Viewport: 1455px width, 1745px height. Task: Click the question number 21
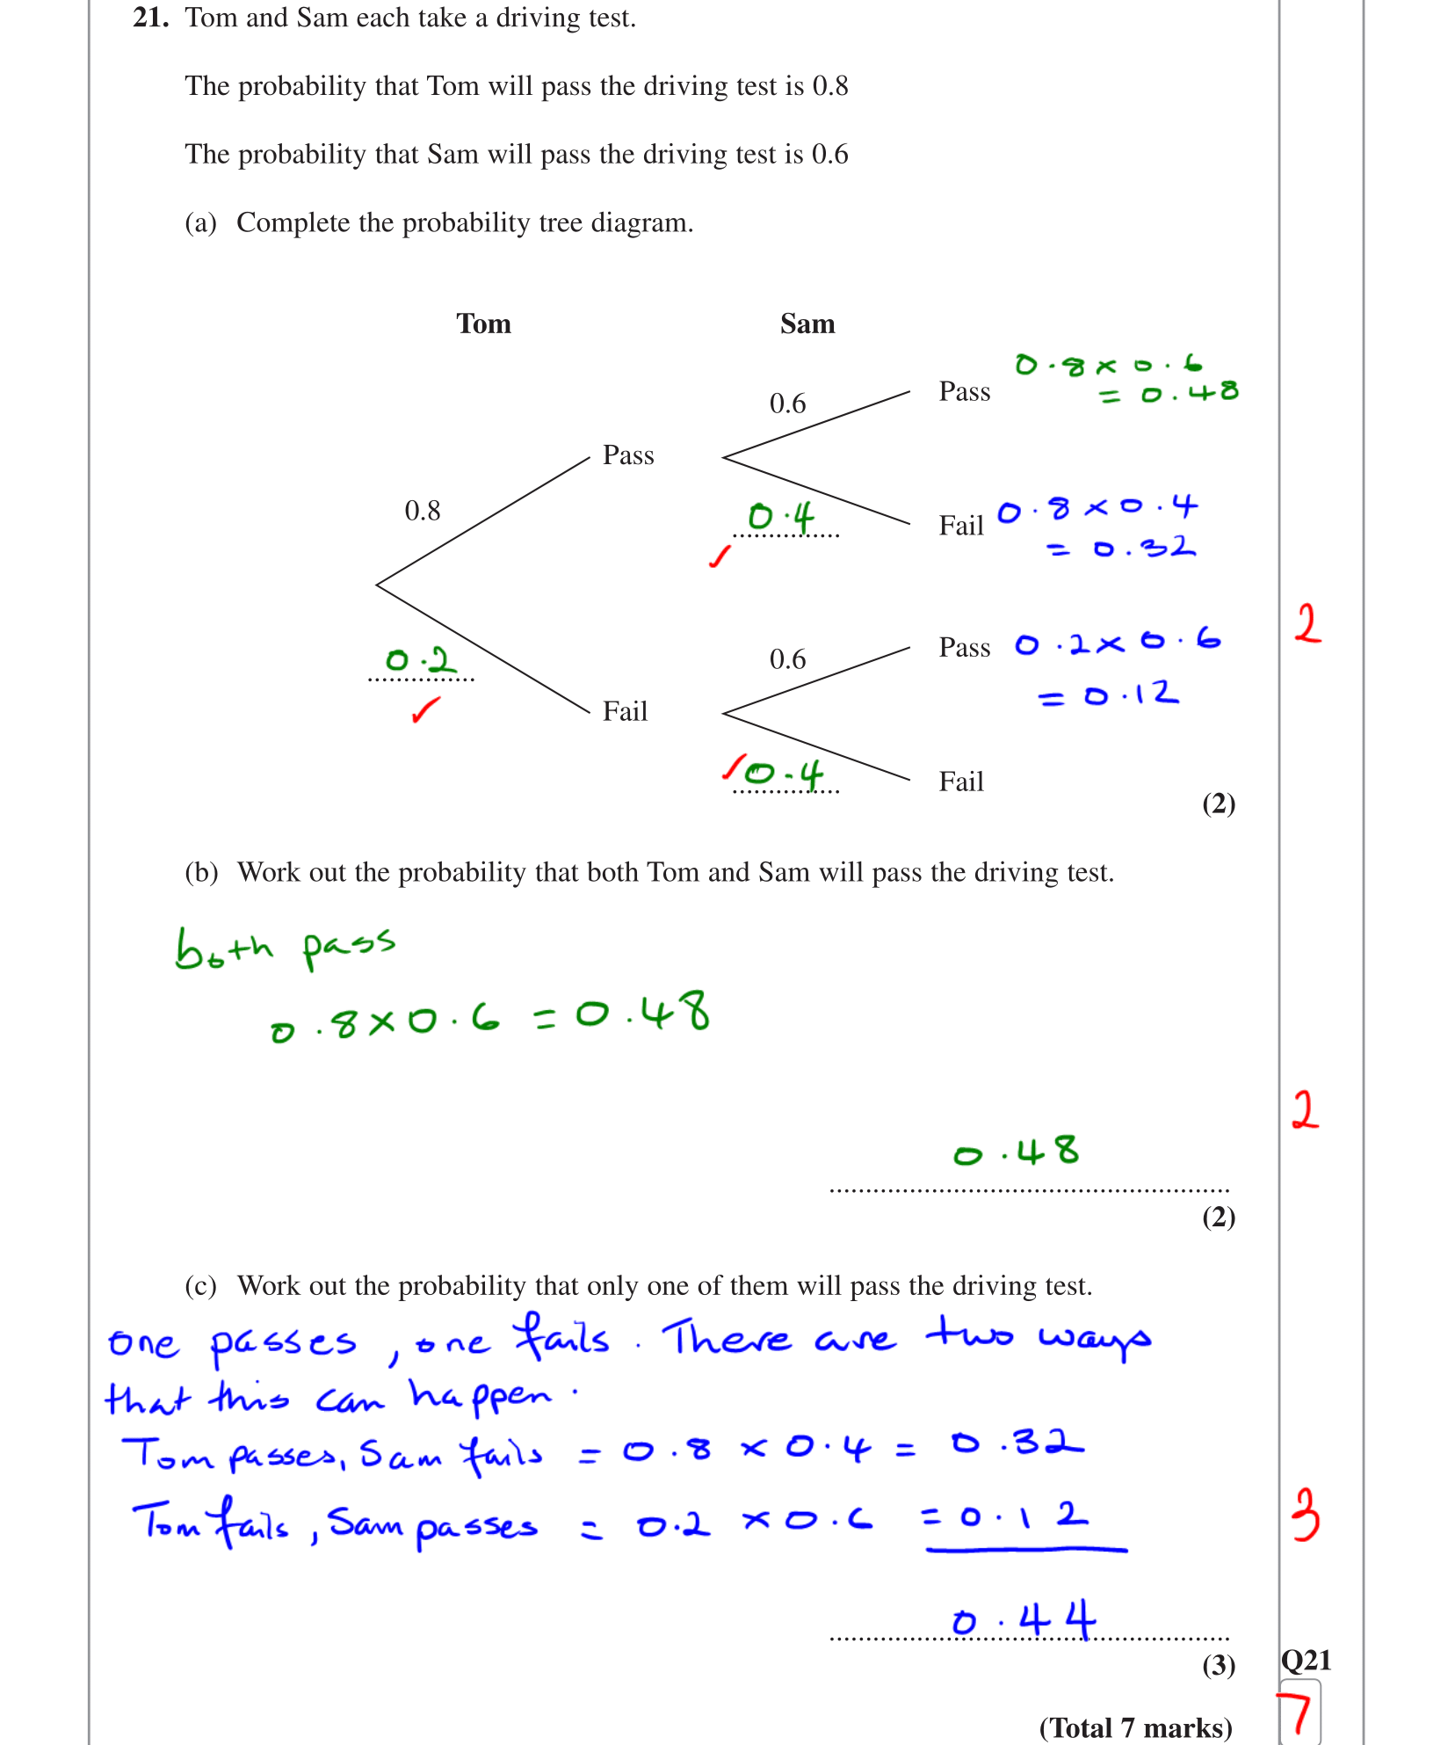[x=150, y=18]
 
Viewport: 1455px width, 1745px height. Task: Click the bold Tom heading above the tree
[x=483, y=324]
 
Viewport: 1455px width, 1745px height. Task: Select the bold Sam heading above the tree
[x=807, y=324]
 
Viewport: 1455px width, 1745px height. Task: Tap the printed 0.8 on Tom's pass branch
[x=422, y=511]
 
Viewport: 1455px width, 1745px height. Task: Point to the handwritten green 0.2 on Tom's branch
[x=420, y=660]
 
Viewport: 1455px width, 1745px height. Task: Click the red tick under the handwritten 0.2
[x=425, y=709]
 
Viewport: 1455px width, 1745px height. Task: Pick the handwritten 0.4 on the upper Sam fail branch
[x=781, y=516]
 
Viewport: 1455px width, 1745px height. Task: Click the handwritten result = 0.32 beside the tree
[x=1121, y=549]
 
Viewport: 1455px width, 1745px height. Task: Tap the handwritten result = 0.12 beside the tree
[x=1109, y=695]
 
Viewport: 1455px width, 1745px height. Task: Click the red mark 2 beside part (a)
[x=1307, y=624]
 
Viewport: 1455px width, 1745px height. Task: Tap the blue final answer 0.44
[x=1024, y=1620]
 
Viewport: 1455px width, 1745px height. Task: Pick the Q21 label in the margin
[x=1306, y=1661]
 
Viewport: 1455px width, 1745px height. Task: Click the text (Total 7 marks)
[x=1135, y=1727]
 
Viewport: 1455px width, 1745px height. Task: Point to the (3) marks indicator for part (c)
[x=1218, y=1665]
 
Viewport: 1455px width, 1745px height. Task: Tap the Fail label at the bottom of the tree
[x=961, y=782]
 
